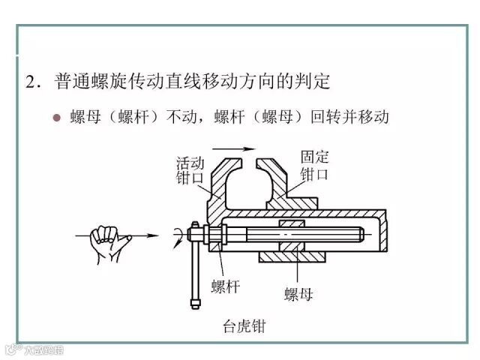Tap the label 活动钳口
(x=190, y=169)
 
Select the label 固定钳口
(x=314, y=166)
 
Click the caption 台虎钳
(x=244, y=326)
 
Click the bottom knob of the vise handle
(x=193, y=304)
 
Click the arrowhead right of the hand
(x=154, y=237)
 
